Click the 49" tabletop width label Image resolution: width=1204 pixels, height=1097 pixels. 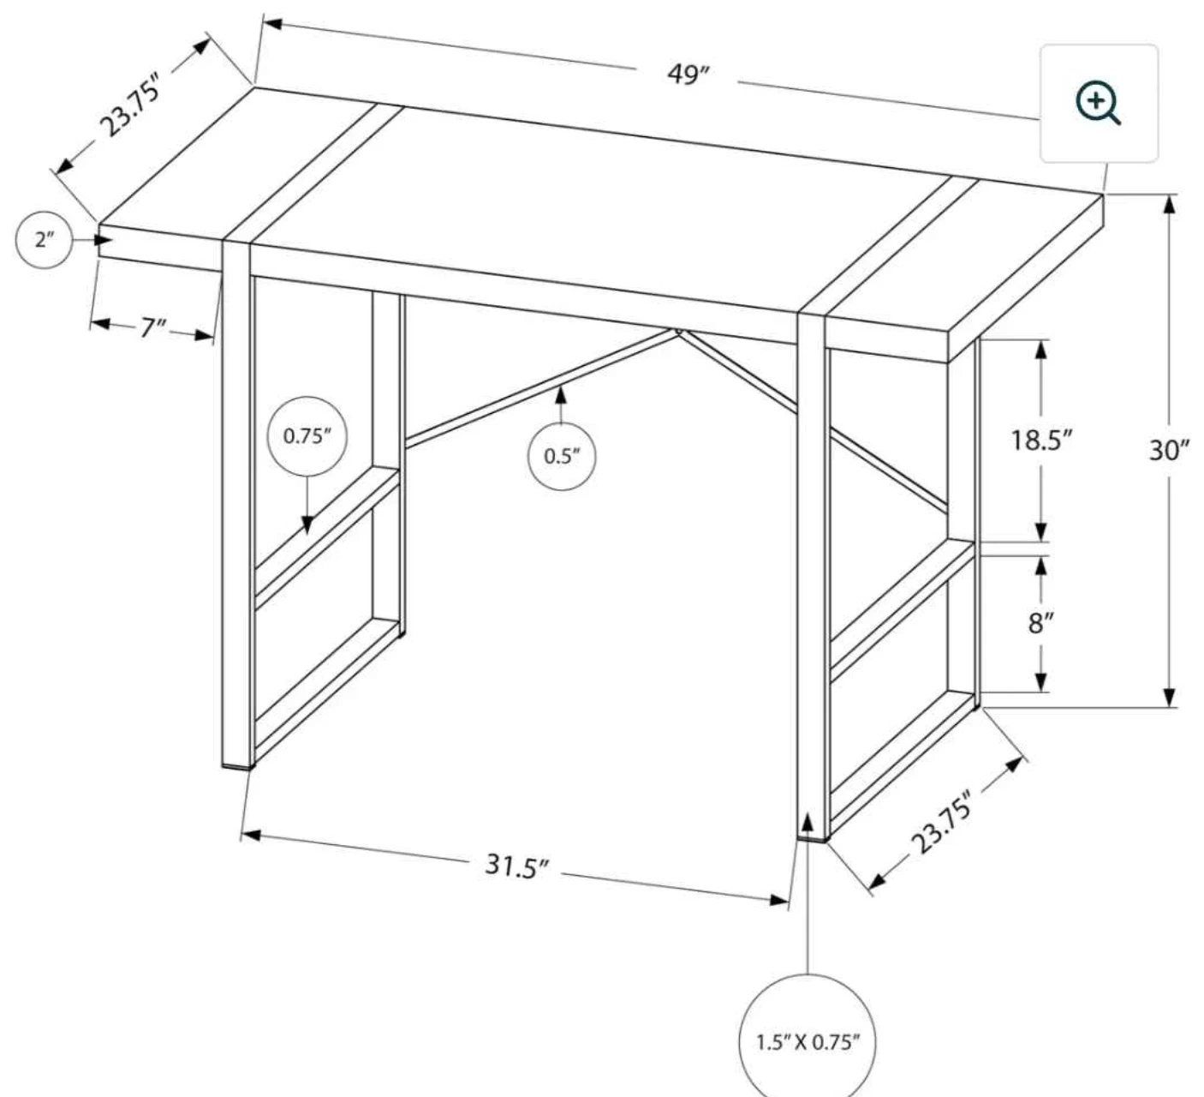point(688,75)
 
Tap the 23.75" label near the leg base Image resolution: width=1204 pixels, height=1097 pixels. point(942,823)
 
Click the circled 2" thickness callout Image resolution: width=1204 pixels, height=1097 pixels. point(44,240)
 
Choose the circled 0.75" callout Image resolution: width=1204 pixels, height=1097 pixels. point(307,436)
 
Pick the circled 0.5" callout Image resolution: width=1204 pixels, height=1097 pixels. point(562,456)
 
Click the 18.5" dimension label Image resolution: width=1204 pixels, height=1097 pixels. point(1041,441)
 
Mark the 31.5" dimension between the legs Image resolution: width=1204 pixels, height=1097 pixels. point(516,866)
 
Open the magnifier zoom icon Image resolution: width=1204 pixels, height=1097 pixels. point(1098,104)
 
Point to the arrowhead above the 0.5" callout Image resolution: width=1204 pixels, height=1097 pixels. point(561,396)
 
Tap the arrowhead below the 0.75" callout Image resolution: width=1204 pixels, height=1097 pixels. point(307,525)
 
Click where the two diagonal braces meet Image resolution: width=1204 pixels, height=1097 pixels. point(678,332)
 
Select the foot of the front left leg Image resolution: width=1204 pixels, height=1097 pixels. point(238,766)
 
